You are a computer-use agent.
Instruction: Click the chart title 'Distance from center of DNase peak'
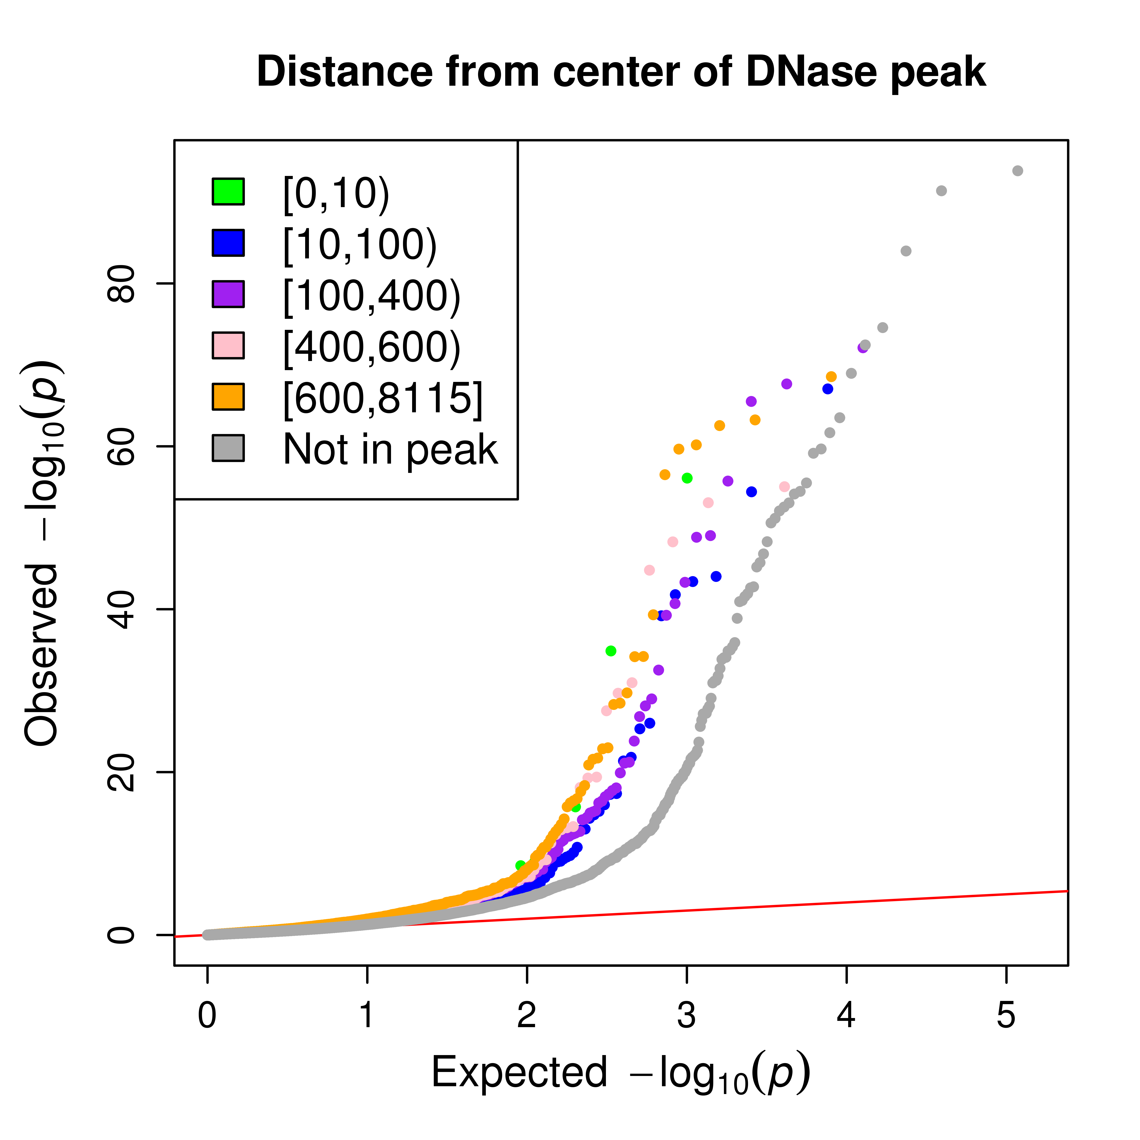[621, 72]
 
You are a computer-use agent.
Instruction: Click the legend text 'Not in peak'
[390, 450]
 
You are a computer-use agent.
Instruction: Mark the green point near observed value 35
[611, 651]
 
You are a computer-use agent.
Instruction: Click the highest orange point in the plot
[831, 376]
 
